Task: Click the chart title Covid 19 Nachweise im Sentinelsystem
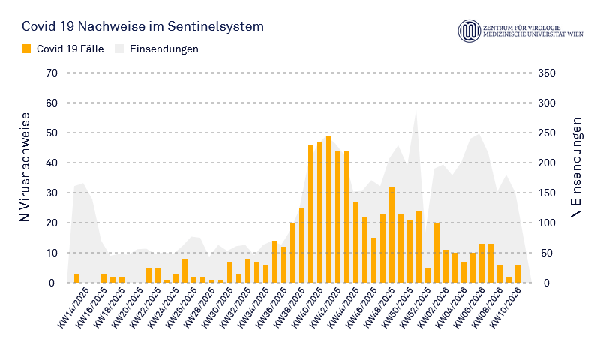142,26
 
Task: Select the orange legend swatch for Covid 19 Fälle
27,49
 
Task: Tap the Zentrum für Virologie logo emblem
469,31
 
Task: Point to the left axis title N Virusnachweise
25,166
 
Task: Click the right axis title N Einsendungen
576,166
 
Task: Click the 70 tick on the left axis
51,73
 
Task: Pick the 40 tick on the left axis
51,163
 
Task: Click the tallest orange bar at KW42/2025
328,210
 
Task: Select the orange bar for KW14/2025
76,278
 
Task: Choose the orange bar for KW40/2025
310,214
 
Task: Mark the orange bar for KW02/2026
436,253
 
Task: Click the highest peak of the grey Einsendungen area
416,112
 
